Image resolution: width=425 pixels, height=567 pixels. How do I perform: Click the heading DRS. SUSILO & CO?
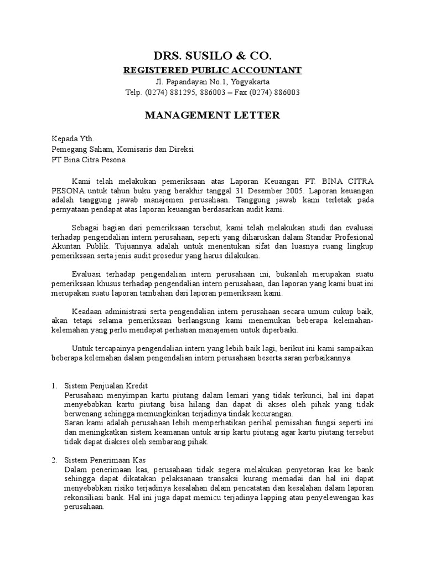(x=212, y=56)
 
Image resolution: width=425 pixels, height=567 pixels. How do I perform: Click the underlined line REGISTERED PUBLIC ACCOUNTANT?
(x=212, y=70)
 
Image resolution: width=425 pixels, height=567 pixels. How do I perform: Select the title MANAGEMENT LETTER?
(x=212, y=116)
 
